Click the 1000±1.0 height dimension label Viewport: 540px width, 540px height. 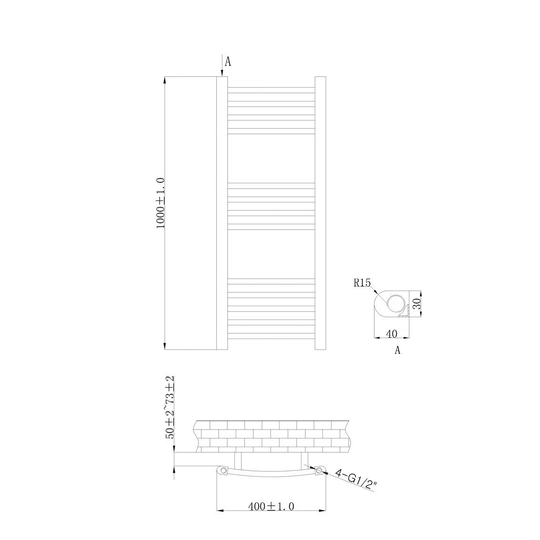pyautogui.click(x=161, y=203)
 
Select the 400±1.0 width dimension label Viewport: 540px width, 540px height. pyautogui.click(x=271, y=506)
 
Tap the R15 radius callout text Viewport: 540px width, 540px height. pyautogui.click(x=362, y=283)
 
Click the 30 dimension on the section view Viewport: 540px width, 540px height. pyautogui.click(x=417, y=304)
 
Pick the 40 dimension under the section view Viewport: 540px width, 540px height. pyautogui.click(x=392, y=334)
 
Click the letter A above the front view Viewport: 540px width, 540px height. pyautogui.click(x=228, y=61)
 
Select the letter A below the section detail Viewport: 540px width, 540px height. pyautogui.click(x=398, y=350)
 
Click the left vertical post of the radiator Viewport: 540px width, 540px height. pyautogui.click(x=222, y=213)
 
